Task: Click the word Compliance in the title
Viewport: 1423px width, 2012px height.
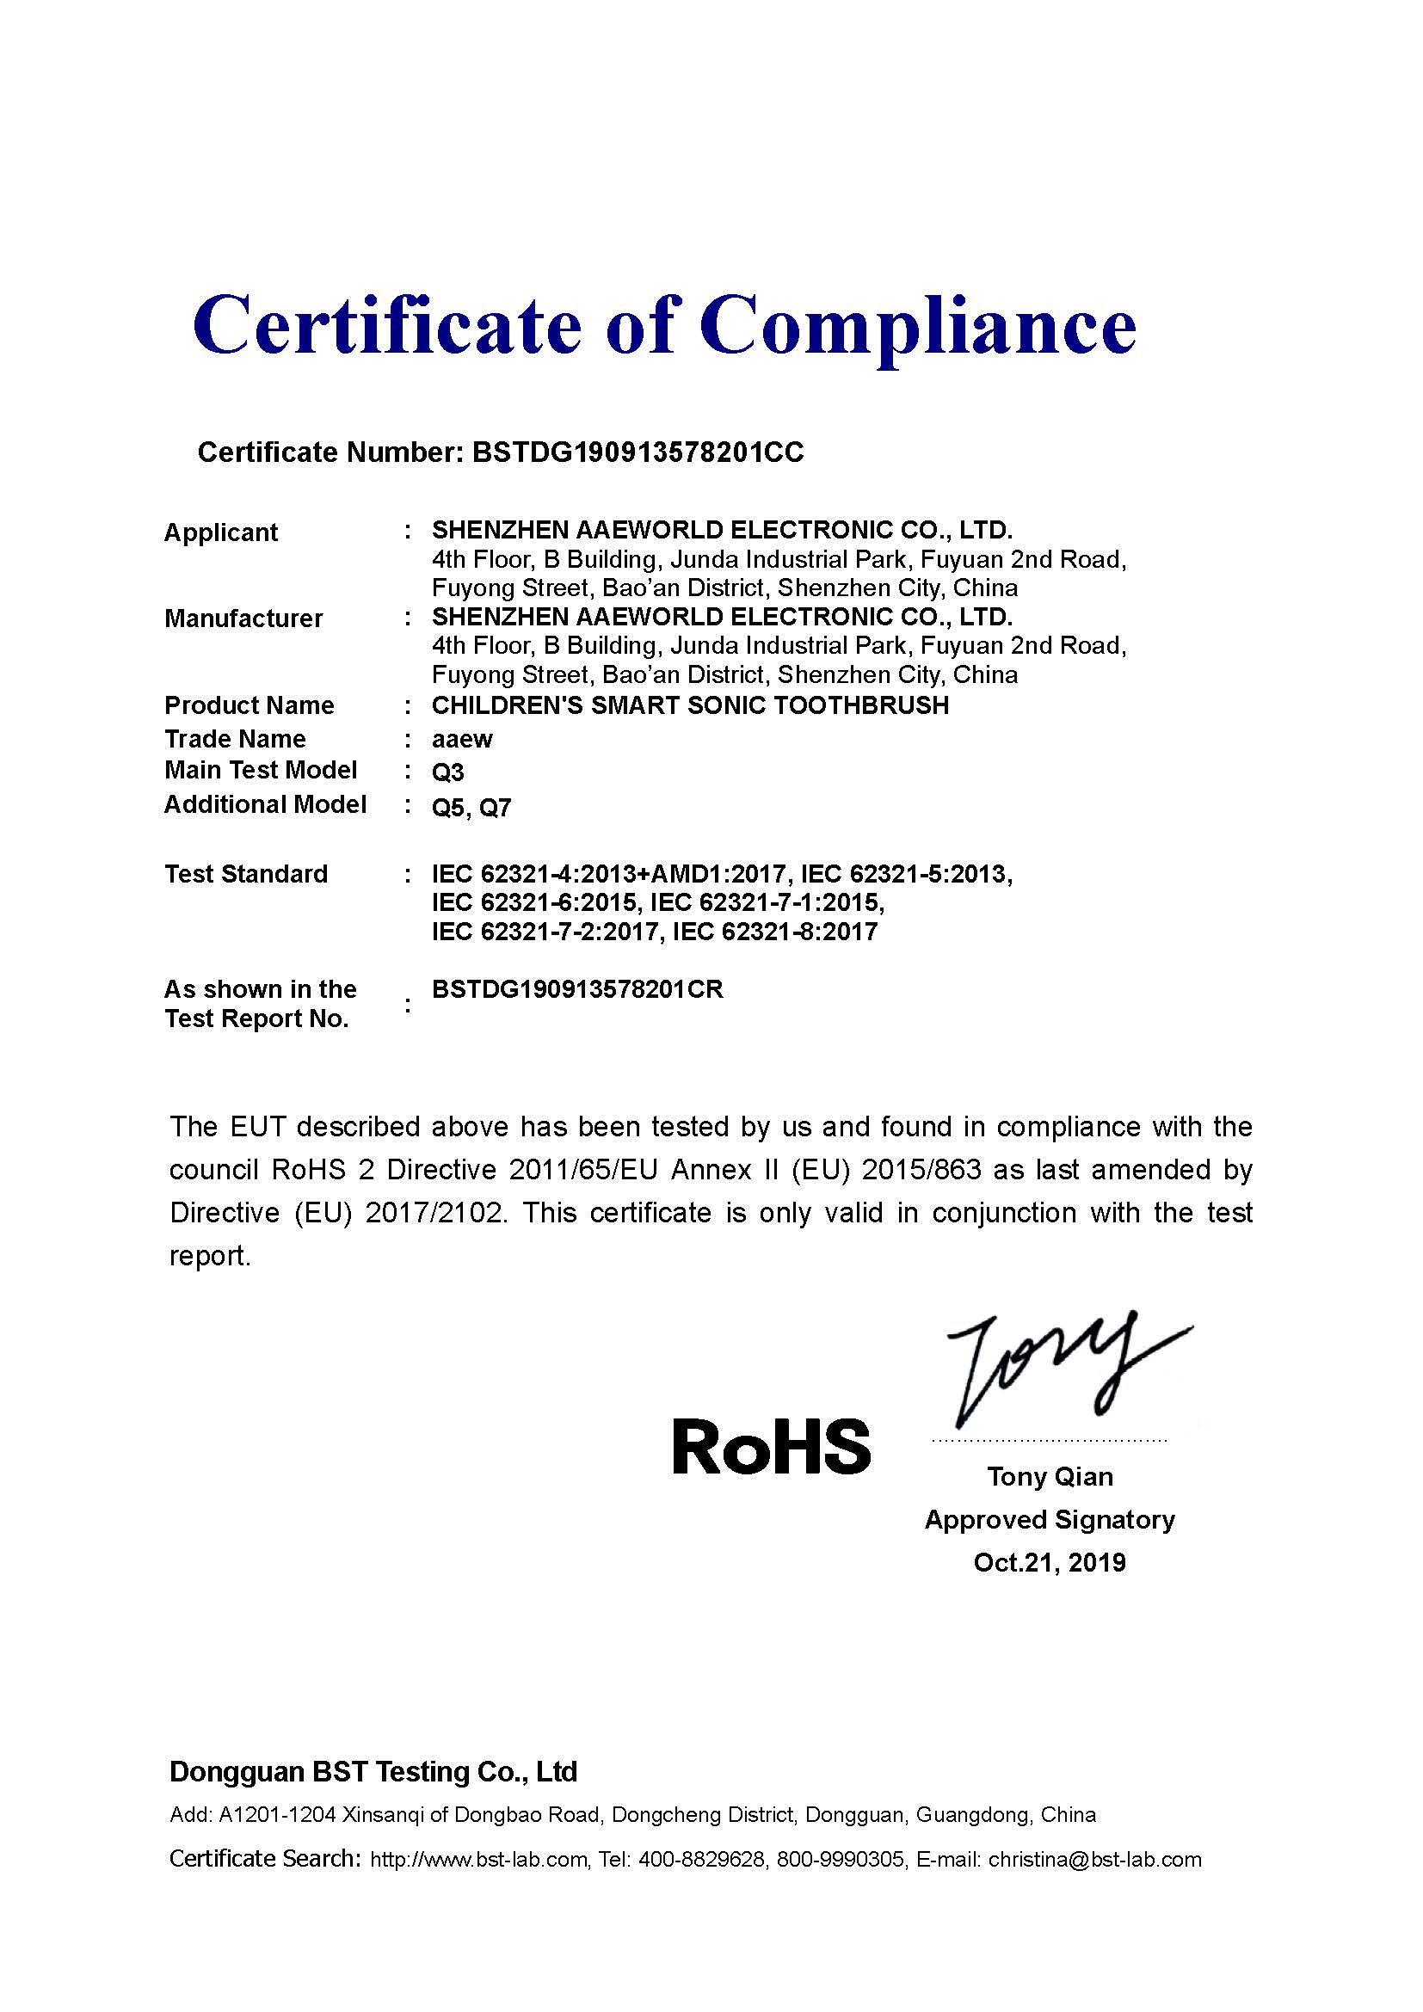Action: pos(917,326)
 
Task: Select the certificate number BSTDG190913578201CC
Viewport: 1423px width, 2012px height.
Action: pos(638,452)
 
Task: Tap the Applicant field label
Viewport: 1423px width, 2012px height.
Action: pos(221,532)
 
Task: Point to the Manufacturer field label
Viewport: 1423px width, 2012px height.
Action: pos(243,618)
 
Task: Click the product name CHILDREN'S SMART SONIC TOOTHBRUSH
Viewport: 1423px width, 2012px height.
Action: pos(691,705)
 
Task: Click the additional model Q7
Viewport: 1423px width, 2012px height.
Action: pos(495,807)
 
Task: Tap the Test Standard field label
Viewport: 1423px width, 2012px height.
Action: pos(246,874)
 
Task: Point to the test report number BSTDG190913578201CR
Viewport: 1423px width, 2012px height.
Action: pos(577,989)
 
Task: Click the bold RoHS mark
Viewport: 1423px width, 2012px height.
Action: pos(771,1447)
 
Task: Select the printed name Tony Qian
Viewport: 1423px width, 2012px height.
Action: pos(1050,1477)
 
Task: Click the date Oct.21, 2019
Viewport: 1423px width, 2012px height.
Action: pos(1050,1562)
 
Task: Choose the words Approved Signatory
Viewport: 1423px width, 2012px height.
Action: pos(1050,1519)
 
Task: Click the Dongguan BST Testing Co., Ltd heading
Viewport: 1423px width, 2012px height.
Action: pos(373,1772)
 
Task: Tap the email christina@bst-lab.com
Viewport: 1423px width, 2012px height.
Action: pos(1094,1860)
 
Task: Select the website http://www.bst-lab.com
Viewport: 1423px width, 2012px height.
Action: pos(478,1860)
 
